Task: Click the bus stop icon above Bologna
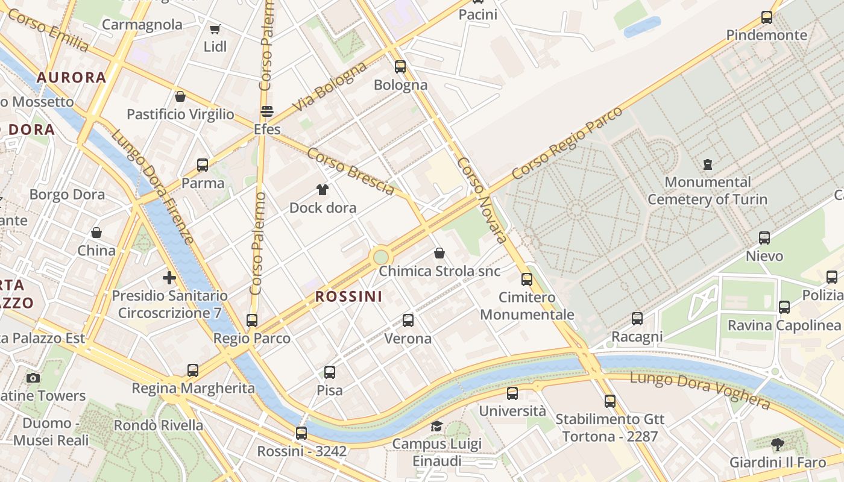pyautogui.click(x=400, y=66)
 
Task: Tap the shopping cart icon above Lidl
pyautogui.click(x=215, y=29)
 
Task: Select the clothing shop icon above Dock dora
pyautogui.click(x=323, y=190)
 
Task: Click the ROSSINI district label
pyautogui.click(x=348, y=296)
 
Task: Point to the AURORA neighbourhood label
pyautogui.click(x=71, y=77)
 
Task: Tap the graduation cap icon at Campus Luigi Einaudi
pyautogui.click(x=436, y=427)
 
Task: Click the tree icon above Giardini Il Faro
pyautogui.click(x=778, y=445)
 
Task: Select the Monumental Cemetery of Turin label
pyautogui.click(x=707, y=190)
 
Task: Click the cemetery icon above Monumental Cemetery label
pyautogui.click(x=708, y=164)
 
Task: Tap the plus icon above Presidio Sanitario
pyautogui.click(x=169, y=278)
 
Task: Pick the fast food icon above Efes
pyautogui.click(x=266, y=111)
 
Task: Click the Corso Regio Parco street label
pyautogui.click(x=567, y=143)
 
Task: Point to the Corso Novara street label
pyautogui.click(x=482, y=200)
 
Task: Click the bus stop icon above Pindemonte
pyautogui.click(x=766, y=17)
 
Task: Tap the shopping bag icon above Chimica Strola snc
pyautogui.click(x=439, y=253)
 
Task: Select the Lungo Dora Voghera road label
pyautogui.click(x=700, y=390)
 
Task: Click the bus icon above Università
pyautogui.click(x=512, y=393)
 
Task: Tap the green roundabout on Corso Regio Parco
pyautogui.click(x=381, y=257)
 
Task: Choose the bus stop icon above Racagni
pyautogui.click(x=637, y=318)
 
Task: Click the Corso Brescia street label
pyautogui.click(x=350, y=171)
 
